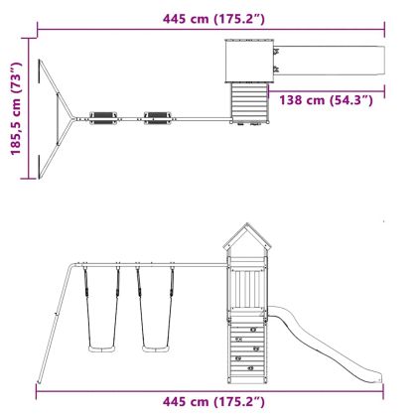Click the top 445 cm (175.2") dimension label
click(213, 19)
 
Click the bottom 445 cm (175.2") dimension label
click(213, 401)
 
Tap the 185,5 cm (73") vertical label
click(16, 108)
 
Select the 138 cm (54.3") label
click(326, 99)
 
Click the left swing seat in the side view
click(102, 348)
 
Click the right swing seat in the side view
click(156, 348)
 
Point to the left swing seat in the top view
click(103, 118)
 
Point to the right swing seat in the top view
click(158, 118)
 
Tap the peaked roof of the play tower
click(247, 236)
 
